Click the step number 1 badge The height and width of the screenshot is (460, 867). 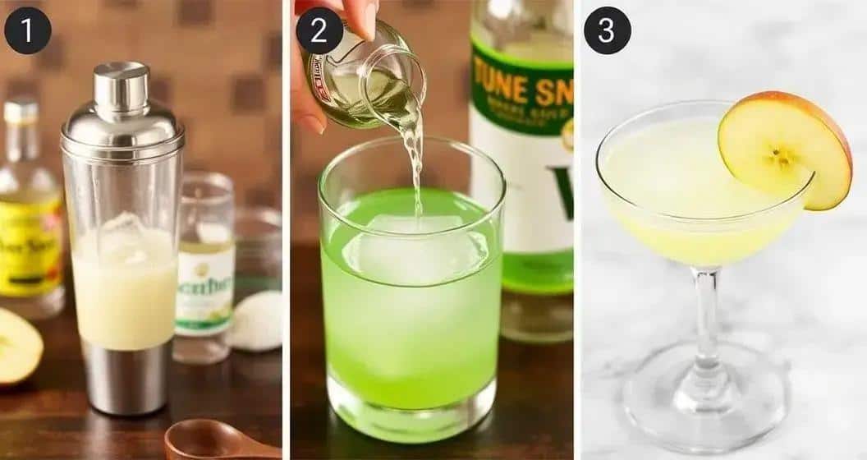28,30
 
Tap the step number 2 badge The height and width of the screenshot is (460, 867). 319,30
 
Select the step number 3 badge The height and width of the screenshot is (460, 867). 607,30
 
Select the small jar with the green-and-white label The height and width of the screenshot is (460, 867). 204,271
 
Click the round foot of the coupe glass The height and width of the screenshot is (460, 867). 705,402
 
